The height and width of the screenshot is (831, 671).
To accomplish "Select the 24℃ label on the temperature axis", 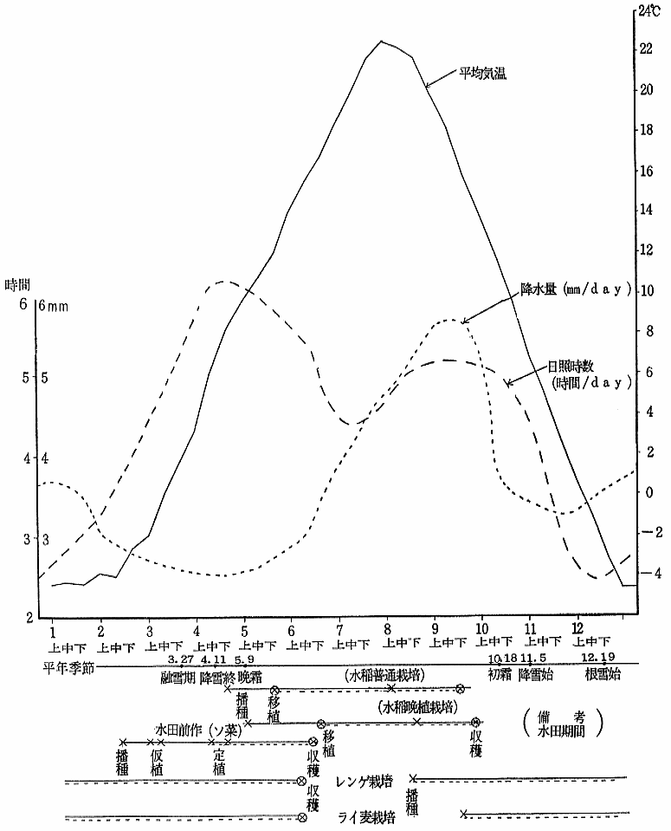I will (x=648, y=10).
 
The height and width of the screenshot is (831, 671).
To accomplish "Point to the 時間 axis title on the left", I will (x=18, y=284).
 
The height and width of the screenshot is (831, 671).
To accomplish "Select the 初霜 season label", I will (x=501, y=673).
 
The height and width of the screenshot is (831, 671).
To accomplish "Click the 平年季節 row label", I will (x=70, y=667).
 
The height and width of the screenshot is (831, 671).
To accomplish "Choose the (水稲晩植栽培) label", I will (x=416, y=707).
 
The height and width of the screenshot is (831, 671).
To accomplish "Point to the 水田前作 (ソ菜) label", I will (x=192, y=729).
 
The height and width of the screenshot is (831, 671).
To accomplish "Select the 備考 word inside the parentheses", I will (x=567, y=717).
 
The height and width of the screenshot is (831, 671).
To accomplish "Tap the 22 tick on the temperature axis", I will (x=646, y=49).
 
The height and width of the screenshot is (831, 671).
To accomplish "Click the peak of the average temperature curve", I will (x=382, y=41).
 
